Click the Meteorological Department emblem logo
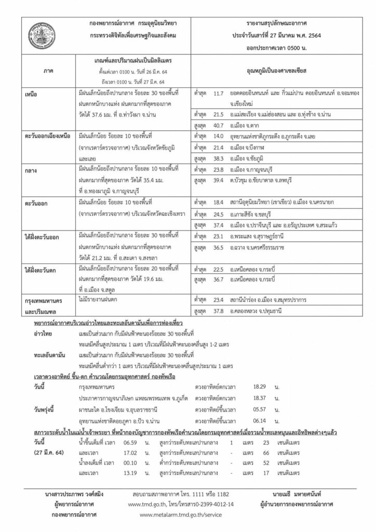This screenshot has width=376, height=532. click(47, 34)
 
